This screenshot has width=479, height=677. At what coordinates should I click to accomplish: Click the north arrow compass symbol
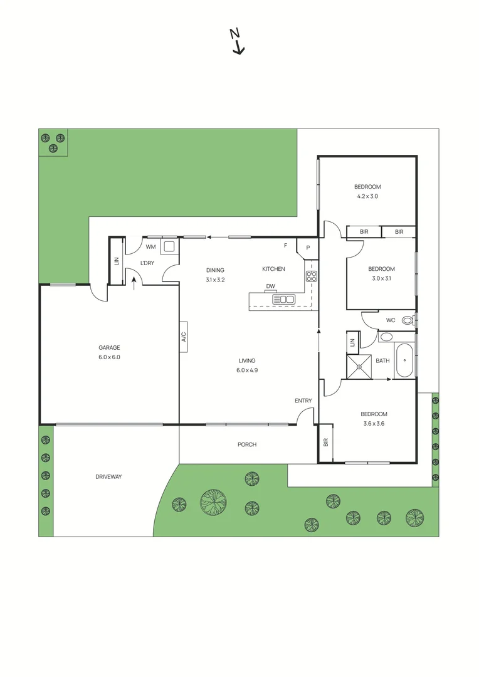(237, 42)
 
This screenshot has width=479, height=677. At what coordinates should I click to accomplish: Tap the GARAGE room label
(109, 347)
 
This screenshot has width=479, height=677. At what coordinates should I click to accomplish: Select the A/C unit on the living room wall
(184, 337)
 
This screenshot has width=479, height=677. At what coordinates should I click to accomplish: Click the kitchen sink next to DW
(283, 300)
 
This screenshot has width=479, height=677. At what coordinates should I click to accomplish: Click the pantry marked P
(308, 247)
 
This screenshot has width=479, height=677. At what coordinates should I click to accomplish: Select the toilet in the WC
(408, 320)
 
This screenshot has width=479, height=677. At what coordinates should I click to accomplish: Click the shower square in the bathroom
(360, 367)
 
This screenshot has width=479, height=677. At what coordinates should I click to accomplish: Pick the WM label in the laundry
(150, 247)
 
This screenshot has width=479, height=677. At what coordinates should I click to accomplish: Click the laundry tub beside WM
(169, 246)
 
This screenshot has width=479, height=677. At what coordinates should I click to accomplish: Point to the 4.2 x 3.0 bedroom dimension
(367, 196)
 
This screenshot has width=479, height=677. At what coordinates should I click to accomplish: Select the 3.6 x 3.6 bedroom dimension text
(374, 424)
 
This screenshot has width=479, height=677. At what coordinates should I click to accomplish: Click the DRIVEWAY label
(108, 477)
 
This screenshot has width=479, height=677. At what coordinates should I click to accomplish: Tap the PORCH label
(246, 445)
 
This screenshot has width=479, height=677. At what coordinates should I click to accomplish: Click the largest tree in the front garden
(214, 501)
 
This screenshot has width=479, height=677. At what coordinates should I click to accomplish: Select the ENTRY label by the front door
(303, 401)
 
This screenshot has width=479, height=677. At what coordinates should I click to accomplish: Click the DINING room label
(215, 270)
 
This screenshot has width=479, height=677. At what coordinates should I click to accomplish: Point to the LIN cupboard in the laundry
(117, 261)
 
